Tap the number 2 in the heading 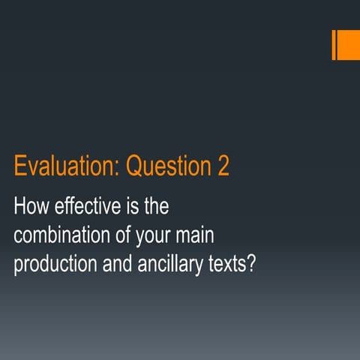[223, 167]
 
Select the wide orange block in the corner [349, 45]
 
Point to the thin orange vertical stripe [334, 45]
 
